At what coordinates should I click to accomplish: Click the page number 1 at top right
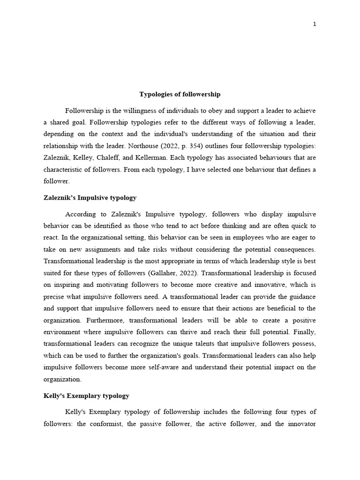click(x=315, y=24)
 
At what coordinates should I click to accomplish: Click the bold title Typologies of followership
click(x=180, y=94)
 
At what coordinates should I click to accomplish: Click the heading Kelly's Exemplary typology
click(x=86, y=396)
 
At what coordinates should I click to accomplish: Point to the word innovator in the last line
click(x=299, y=424)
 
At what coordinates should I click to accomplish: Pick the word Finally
click(x=305, y=332)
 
